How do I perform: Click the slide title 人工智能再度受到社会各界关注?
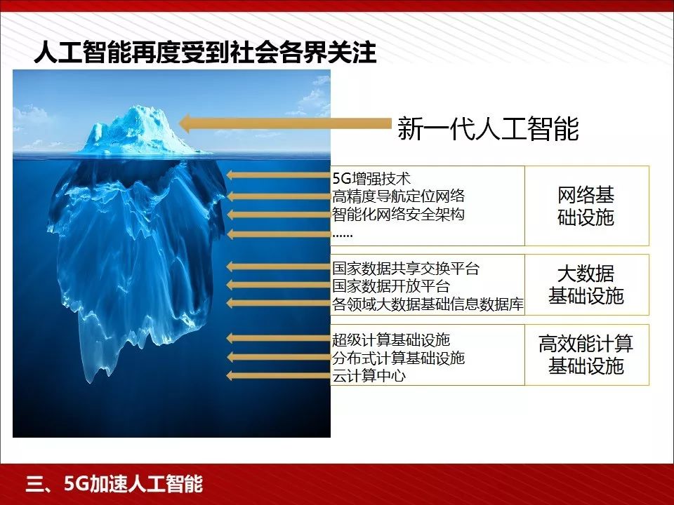(205, 53)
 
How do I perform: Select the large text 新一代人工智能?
(488, 128)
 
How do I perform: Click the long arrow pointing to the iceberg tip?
(285, 123)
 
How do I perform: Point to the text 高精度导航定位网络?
(398, 196)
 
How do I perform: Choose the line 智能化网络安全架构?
(398, 215)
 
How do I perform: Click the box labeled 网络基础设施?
(586, 206)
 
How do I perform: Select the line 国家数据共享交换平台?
(406, 269)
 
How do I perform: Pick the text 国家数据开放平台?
(391, 286)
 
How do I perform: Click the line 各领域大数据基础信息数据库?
(428, 304)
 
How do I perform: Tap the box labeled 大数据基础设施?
(586, 285)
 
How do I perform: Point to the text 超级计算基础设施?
(391, 340)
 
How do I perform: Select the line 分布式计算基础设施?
(398, 358)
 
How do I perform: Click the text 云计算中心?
(369, 376)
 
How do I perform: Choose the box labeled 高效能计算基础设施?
(586, 354)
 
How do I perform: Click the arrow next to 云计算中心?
(278, 376)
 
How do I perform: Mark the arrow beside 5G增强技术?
(278, 177)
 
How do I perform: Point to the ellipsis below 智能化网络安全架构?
(342, 234)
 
